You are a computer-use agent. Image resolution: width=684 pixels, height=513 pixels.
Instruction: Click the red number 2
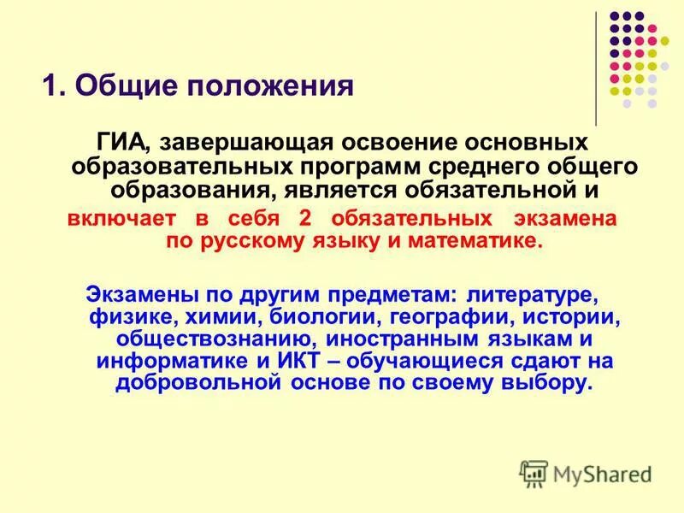click(x=304, y=218)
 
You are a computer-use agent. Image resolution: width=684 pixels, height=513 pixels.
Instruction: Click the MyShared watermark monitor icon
click(x=534, y=473)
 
